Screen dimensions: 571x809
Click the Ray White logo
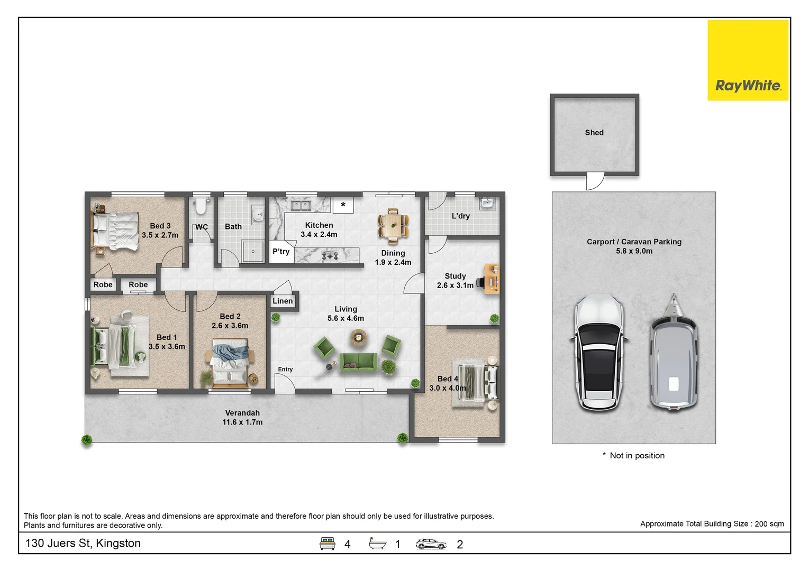(x=748, y=60)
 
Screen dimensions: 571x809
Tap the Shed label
(x=594, y=133)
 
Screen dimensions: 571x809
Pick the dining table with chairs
(x=393, y=225)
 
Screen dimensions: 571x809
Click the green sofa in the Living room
(x=358, y=362)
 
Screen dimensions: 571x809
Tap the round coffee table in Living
(x=359, y=337)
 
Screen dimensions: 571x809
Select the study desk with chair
(x=490, y=279)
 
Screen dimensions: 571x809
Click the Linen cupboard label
(x=283, y=301)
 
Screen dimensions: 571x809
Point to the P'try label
(x=281, y=251)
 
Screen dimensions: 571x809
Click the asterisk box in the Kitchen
(x=343, y=205)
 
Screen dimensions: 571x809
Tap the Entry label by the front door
(x=285, y=369)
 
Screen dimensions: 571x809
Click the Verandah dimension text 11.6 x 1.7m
(x=242, y=422)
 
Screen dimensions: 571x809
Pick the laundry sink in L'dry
(x=487, y=204)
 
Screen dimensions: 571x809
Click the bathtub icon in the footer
(x=377, y=544)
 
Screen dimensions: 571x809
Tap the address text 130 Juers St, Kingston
(x=83, y=543)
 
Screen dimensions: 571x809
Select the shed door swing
(x=595, y=181)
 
